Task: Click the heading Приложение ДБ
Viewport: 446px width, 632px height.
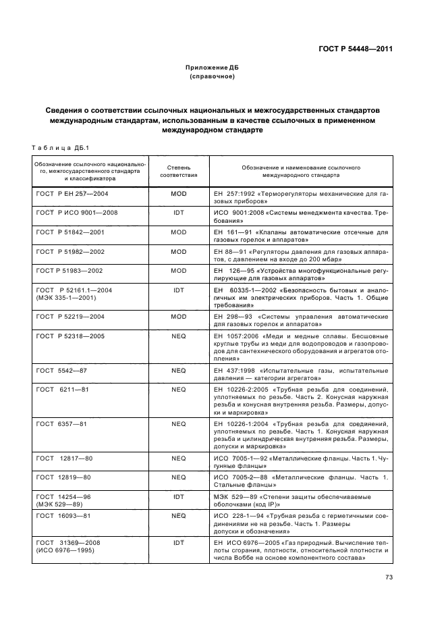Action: [x=212, y=68]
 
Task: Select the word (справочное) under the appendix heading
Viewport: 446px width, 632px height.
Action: [x=212, y=76]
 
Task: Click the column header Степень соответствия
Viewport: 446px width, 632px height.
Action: [x=178, y=170]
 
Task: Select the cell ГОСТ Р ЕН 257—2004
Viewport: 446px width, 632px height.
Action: [x=72, y=194]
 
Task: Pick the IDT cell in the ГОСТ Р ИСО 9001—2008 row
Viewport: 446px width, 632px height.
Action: [x=178, y=213]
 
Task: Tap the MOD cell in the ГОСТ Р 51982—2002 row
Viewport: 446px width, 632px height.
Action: [x=178, y=251]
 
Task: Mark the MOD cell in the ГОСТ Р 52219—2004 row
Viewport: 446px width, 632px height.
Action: [x=178, y=316]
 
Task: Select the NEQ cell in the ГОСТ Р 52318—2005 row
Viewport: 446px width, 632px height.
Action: [x=178, y=336]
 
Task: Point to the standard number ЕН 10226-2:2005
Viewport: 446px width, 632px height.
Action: [x=242, y=390]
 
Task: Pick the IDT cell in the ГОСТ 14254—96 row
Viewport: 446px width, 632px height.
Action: [x=178, y=496]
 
